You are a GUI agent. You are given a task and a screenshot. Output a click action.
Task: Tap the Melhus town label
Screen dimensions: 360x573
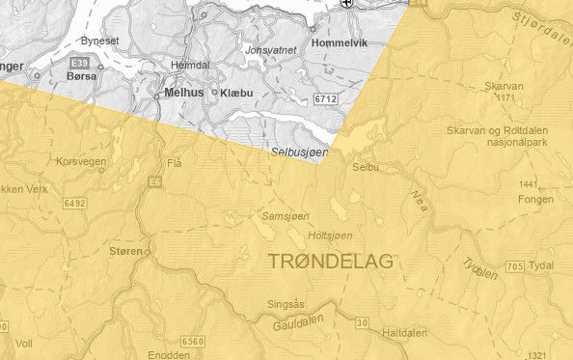pyautogui.click(x=183, y=93)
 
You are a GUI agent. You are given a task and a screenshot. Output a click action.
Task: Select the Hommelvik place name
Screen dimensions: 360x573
pyautogui.click(x=342, y=43)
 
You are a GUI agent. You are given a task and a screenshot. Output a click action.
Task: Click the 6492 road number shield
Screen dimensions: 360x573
pyautogui.click(x=76, y=204)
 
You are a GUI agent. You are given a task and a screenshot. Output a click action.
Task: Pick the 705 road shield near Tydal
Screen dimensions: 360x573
pyautogui.click(x=514, y=265)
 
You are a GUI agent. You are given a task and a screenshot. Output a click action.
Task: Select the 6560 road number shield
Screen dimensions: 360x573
pyautogui.click(x=193, y=342)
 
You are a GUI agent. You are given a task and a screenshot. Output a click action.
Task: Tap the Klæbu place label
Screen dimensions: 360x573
pyautogui.click(x=236, y=93)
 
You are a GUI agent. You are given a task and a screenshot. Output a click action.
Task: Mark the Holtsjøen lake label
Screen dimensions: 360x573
pyautogui.click(x=329, y=235)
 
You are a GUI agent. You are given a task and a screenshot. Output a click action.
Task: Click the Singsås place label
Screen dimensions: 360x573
pyautogui.click(x=286, y=304)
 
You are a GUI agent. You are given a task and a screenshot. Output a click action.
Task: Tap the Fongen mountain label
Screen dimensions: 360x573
pyautogui.click(x=536, y=200)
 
